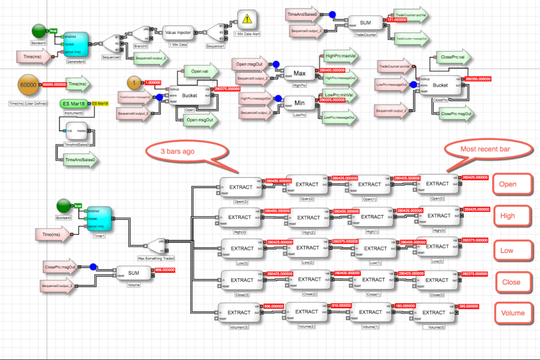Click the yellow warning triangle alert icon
[247, 20]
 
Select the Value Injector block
[177, 33]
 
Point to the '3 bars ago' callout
[178, 152]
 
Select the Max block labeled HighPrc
[299, 74]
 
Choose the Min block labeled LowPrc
[299, 103]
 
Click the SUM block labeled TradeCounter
[366, 23]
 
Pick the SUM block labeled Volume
[134, 273]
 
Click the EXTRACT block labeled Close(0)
[437, 280]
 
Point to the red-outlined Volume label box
[512, 312]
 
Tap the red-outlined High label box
[508, 215]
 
